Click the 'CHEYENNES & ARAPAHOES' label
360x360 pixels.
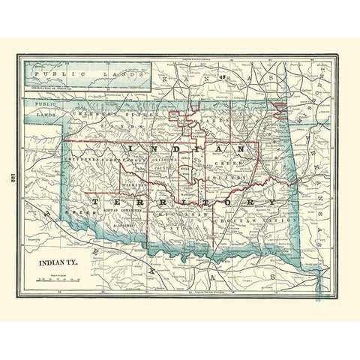[101, 160]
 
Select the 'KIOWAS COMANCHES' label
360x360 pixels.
[123, 216]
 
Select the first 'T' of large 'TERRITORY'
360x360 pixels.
[94, 202]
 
